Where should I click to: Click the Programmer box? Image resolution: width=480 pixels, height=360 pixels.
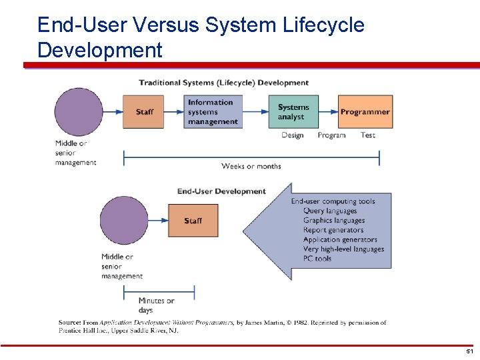(x=365, y=112)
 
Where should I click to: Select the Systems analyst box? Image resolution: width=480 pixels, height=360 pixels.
(x=293, y=112)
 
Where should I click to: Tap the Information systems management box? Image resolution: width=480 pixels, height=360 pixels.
(x=213, y=112)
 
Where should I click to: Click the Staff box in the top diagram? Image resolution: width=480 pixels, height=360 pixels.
(x=143, y=112)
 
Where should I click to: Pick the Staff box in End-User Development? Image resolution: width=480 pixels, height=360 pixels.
(x=192, y=221)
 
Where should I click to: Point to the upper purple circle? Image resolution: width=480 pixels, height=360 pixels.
(x=79, y=112)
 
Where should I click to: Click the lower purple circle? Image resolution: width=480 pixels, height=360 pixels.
(x=124, y=221)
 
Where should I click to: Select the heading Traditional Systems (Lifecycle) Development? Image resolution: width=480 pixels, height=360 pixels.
(x=223, y=83)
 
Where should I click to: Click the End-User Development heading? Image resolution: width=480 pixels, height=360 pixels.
(x=221, y=191)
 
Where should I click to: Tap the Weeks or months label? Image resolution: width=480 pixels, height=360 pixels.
(x=251, y=166)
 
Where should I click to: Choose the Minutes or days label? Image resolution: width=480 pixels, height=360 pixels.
(x=156, y=305)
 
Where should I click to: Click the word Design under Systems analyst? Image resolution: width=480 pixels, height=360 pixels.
(x=292, y=135)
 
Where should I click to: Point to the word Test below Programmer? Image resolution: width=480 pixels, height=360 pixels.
(x=368, y=135)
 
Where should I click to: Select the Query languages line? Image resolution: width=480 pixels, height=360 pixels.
(x=330, y=211)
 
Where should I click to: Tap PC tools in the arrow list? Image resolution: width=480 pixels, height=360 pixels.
(x=317, y=259)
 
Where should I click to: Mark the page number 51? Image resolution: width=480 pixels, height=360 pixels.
(x=469, y=351)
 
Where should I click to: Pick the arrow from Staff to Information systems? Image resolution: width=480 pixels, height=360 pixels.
(x=174, y=112)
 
